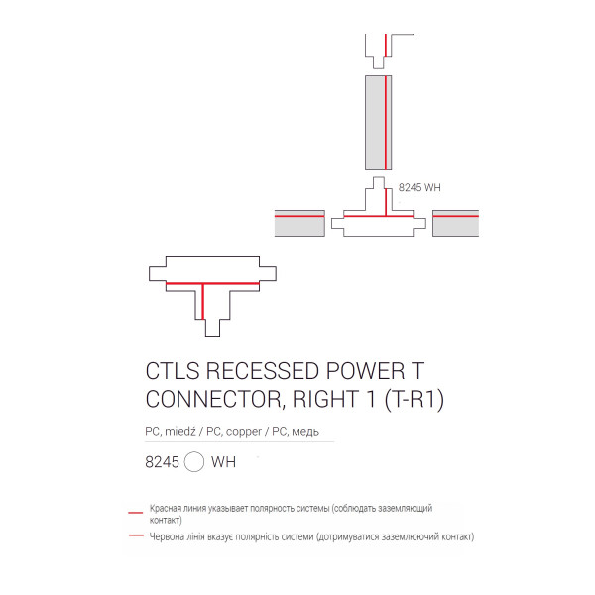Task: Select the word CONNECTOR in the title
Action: click(x=213, y=399)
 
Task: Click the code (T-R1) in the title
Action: click(x=415, y=400)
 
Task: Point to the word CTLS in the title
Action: click(x=173, y=371)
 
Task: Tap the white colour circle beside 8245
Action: click(x=194, y=462)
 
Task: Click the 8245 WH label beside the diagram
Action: click(x=419, y=187)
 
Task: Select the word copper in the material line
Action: click(x=244, y=432)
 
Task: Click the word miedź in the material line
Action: click(x=180, y=431)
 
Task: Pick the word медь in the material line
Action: click(x=305, y=432)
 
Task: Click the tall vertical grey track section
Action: click(x=379, y=122)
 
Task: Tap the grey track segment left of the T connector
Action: click(x=299, y=223)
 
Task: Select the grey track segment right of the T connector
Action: click(x=456, y=223)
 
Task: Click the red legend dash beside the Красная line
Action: click(x=136, y=513)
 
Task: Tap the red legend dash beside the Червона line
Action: click(x=136, y=535)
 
